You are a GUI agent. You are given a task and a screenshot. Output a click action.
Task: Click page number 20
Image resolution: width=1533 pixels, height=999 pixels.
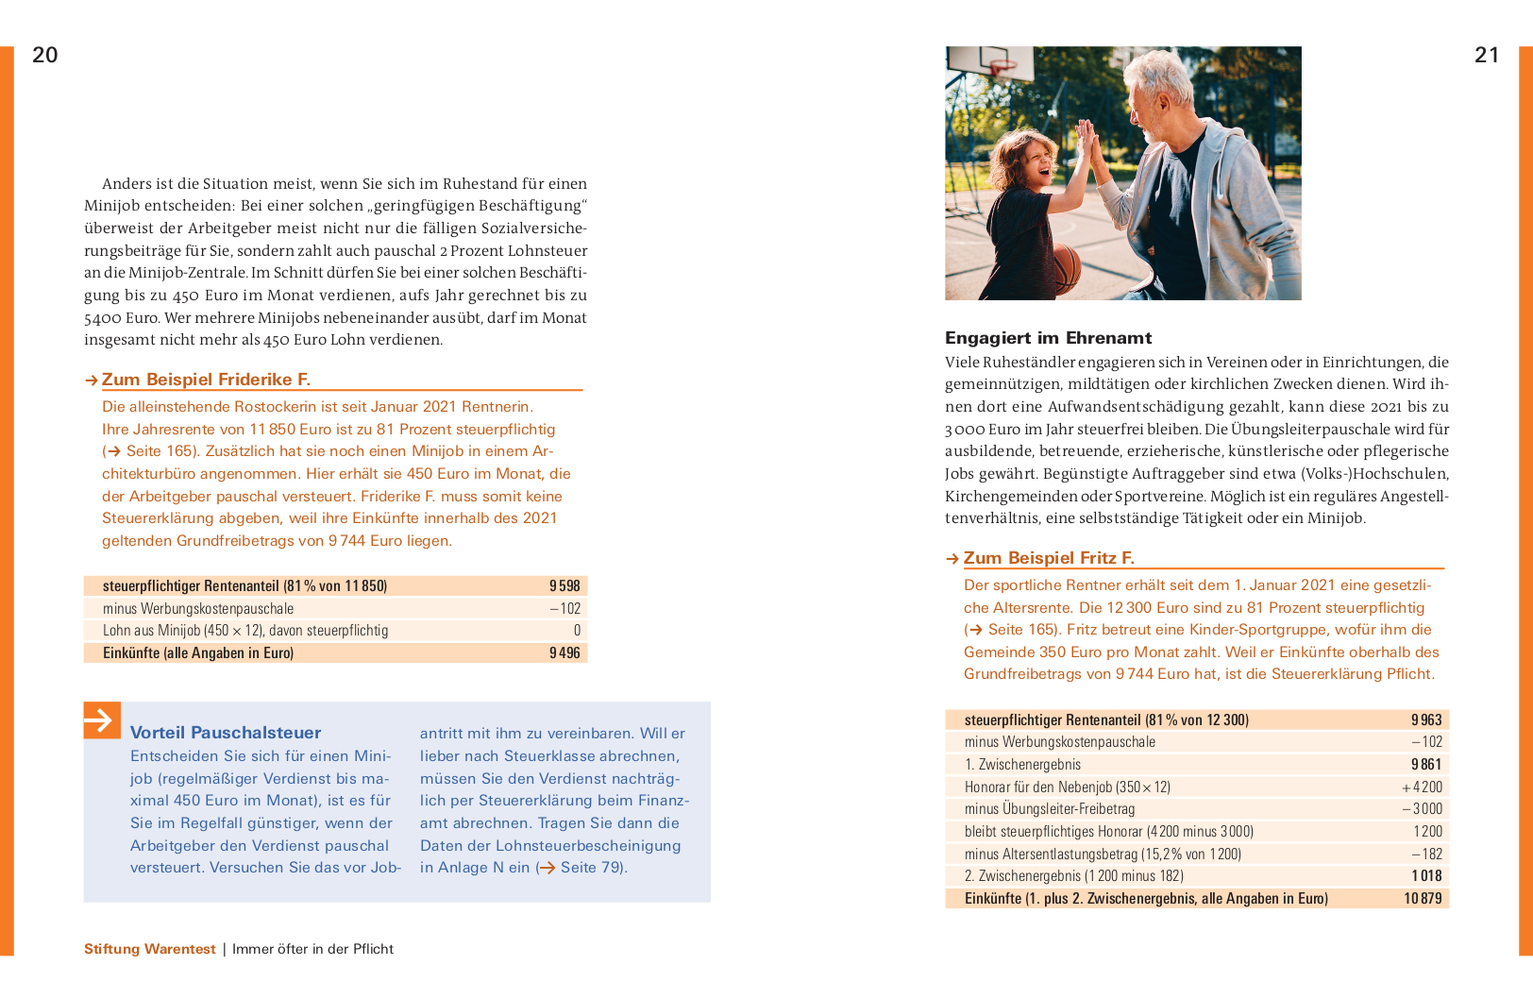pyautogui.click(x=45, y=55)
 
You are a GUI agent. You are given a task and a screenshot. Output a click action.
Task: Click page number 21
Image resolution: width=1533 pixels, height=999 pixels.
pyautogui.click(x=1487, y=55)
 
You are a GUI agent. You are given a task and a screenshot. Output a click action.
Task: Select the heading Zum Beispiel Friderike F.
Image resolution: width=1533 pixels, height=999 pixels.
pyautogui.click(x=206, y=380)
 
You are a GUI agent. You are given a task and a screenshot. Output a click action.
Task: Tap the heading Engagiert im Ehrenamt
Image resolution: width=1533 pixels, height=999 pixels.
pyautogui.click(x=1048, y=338)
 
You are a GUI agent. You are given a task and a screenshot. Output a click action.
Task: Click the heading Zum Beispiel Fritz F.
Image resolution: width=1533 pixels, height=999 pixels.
pyautogui.click(x=1048, y=558)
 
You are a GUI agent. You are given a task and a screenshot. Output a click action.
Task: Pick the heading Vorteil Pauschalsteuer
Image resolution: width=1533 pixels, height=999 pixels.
pyautogui.click(x=226, y=733)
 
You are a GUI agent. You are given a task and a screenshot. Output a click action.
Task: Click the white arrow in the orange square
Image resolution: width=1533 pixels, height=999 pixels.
pyautogui.click(x=102, y=720)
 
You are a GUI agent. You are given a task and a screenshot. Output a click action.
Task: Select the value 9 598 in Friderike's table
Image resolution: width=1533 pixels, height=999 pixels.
pyautogui.click(x=564, y=586)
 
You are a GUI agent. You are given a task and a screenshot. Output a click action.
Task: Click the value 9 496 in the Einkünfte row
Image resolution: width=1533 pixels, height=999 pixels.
pyautogui.click(x=564, y=653)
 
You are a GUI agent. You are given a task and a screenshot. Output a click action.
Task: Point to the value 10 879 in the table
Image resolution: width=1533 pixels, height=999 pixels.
pyautogui.click(x=1423, y=899)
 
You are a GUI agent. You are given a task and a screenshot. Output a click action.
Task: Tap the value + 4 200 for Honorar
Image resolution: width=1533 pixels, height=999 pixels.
pyautogui.click(x=1423, y=787)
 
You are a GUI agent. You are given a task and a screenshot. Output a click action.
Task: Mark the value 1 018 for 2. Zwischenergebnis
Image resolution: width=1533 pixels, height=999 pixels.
pyautogui.click(x=1426, y=876)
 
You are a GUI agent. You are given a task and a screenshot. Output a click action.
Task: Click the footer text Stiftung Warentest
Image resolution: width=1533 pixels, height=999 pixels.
pyautogui.click(x=150, y=949)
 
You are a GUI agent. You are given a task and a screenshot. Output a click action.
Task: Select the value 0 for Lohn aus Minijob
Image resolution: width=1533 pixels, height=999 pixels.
pyautogui.click(x=577, y=631)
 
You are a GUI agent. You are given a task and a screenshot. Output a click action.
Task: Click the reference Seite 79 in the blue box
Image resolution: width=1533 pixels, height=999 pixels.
pyautogui.click(x=591, y=868)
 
